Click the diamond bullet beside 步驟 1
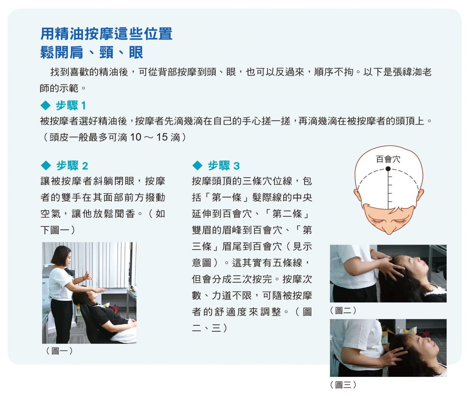(46, 106)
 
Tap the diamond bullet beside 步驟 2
(46, 166)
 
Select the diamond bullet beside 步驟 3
(198, 166)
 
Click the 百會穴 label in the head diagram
(388, 159)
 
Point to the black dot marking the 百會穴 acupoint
(388, 169)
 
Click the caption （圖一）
(59, 350)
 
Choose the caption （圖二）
(343, 311)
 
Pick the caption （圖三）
(343, 385)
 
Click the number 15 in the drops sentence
(162, 137)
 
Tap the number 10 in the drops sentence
(135, 137)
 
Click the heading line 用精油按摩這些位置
(106, 34)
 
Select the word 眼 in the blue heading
(136, 52)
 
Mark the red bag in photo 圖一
(114, 309)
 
